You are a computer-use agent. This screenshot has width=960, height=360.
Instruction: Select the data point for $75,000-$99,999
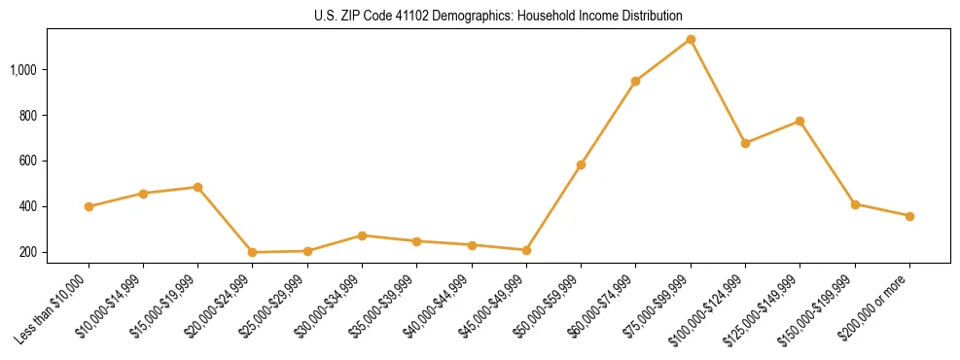tap(691, 39)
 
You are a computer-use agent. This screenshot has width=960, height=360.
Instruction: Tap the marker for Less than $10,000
tap(89, 206)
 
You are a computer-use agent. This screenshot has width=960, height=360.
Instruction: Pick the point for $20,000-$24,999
tap(253, 252)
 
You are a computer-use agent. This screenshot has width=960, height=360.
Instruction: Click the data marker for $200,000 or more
tap(909, 216)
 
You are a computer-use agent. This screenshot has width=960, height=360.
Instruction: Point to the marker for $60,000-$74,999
tap(635, 81)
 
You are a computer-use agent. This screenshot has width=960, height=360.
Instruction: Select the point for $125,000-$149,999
tap(800, 121)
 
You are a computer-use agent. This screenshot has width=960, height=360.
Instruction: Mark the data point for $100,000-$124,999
tap(745, 143)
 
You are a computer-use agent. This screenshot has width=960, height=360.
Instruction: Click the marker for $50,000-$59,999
tap(581, 164)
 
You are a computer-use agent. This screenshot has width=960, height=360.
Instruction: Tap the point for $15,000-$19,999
tap(197, 187)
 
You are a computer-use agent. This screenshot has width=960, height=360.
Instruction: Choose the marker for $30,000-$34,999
tap(362, 235)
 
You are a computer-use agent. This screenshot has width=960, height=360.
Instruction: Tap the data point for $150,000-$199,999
tap(855, 204)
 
